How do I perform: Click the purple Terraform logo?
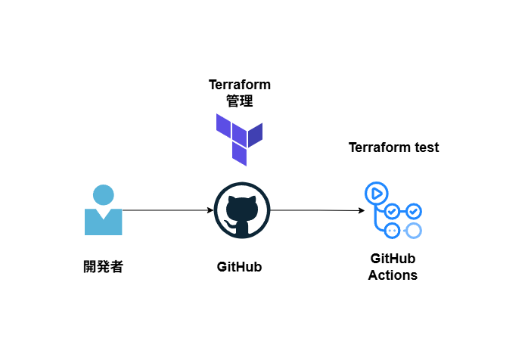click(239, 138)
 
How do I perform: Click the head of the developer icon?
click(103, 195)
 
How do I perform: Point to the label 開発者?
click(103, 266)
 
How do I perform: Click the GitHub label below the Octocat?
click(239, 267)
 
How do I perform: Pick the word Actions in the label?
click(393, 275)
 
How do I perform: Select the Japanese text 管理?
click(239, 100)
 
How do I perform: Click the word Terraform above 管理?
click(239, 85)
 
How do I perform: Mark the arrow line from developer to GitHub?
click(166, 210)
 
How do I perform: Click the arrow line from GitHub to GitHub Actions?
click(314, 210)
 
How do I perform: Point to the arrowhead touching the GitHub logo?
click(210, 210)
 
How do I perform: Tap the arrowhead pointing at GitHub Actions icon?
click(361, 211)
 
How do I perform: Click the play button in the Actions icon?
click(375, 194)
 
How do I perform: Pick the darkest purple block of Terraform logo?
click(256, 134)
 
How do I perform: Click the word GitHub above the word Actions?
click(393, 259)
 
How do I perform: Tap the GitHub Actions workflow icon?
click(393, 211)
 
